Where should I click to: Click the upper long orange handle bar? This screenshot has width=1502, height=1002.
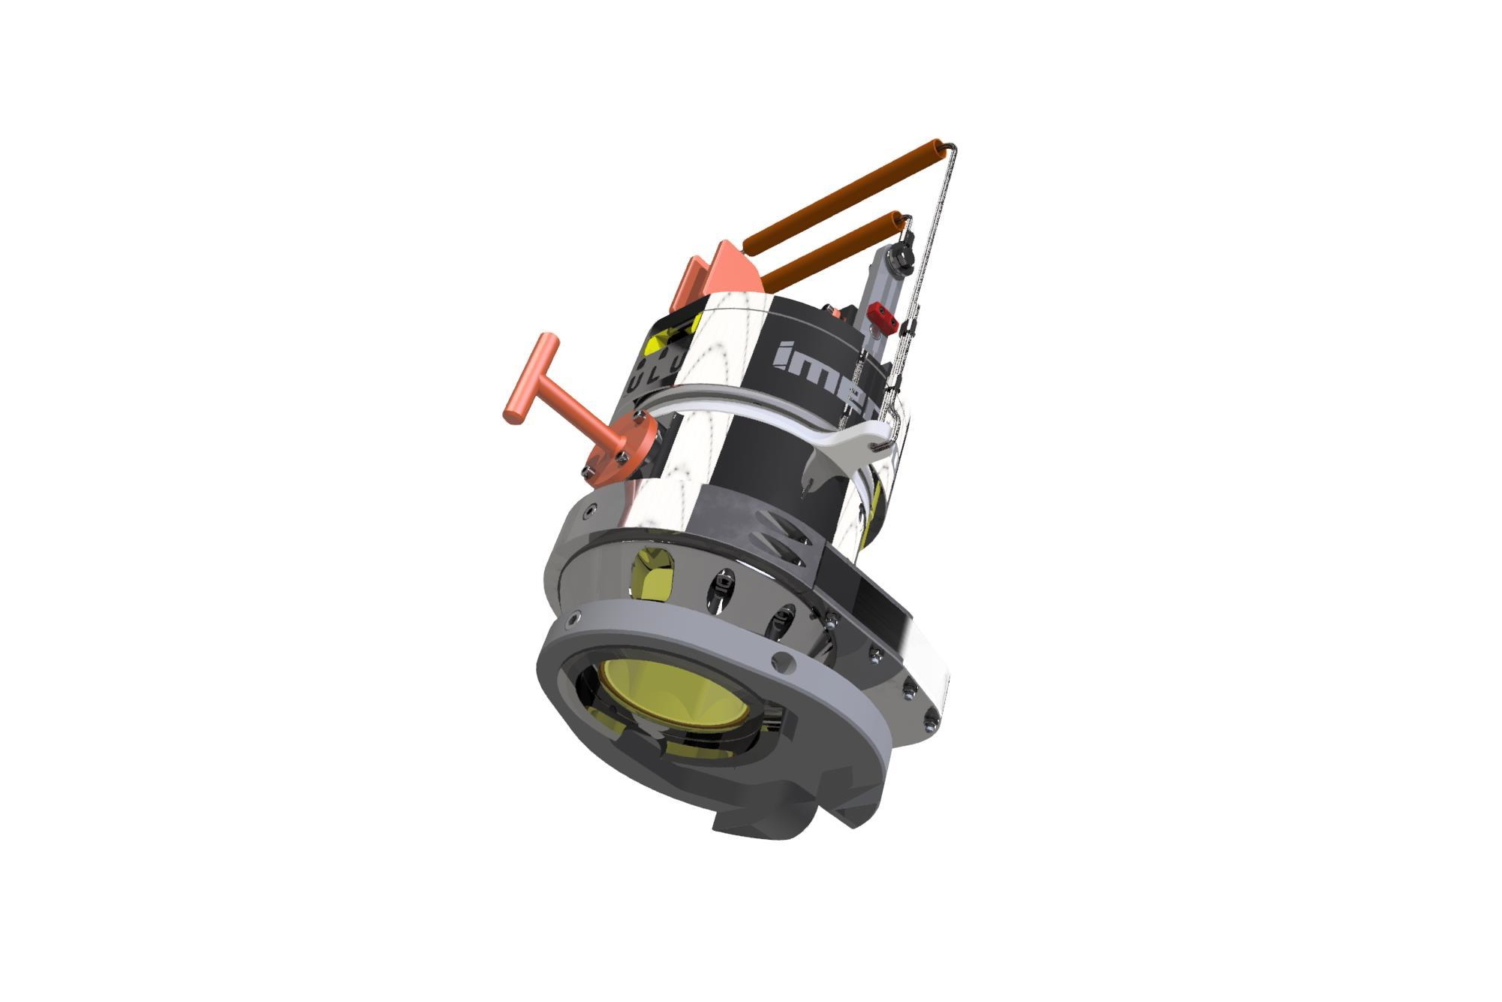(841, 195)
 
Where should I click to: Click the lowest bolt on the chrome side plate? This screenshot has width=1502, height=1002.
(930, 722)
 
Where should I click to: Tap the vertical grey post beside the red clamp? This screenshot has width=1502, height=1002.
(878, 289)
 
